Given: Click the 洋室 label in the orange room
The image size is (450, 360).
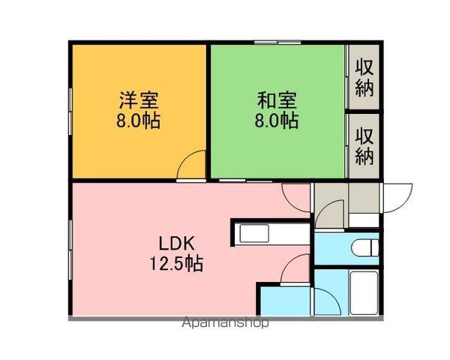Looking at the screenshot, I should [139, 99].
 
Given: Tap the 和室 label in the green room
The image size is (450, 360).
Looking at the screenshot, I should [277, 99].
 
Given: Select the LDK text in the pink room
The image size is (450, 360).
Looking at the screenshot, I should [177, 243].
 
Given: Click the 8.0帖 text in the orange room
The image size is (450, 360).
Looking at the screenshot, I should [139, 121].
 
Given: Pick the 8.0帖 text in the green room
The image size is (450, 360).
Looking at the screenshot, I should [277, 121].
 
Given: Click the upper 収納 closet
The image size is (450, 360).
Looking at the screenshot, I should [364, 77].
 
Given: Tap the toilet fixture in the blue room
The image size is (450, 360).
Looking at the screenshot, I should [363, 248].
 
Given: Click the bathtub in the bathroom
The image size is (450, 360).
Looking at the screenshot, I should [365, 292].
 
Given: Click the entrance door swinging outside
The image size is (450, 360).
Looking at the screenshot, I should [397, 198].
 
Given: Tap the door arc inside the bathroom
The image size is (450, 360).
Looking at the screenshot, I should [324, 299].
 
